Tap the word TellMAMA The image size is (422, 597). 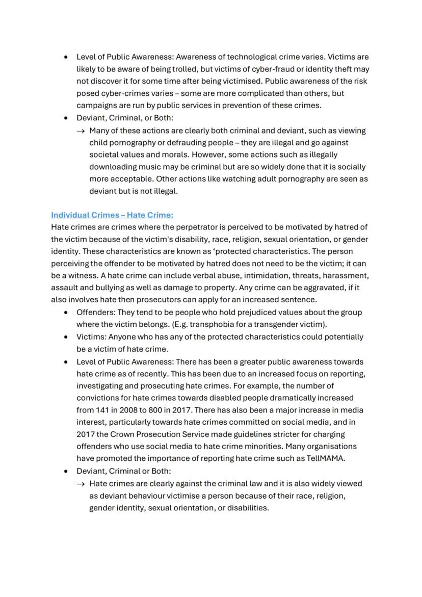[x=326, y=458]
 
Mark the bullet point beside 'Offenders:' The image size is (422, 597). [x=66, y=313]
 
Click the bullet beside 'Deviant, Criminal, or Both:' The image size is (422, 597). [x=66, y=118]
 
